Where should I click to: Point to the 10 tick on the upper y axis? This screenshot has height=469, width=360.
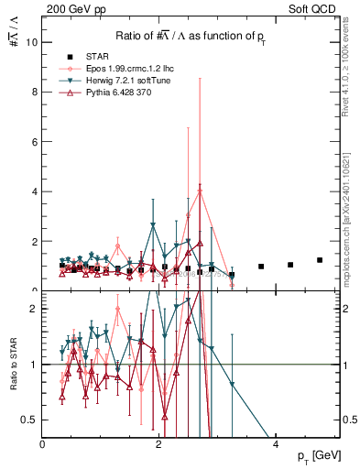(x=32, y=42)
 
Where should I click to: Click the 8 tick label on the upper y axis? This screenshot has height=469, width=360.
(x=35, y=92)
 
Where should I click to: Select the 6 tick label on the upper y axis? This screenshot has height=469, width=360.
(x=35, y=142)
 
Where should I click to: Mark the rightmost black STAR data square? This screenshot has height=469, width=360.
(x=319, y=260)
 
